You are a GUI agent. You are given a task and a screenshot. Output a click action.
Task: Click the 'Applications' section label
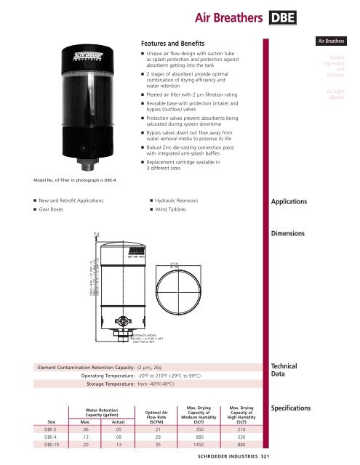[x=295, y=202]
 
